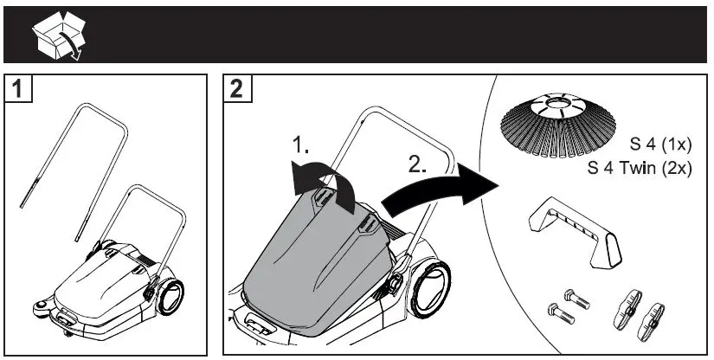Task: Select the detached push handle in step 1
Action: click(x=74, y=164)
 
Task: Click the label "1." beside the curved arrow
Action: click(x=301, y=146)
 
